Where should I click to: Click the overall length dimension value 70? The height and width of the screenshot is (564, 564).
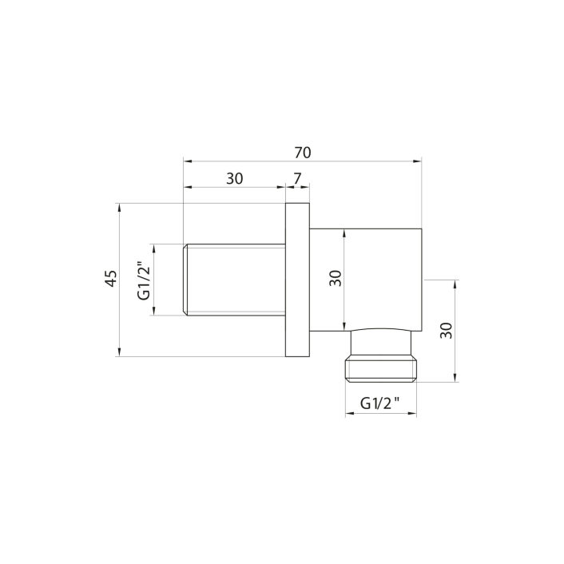(x=302, y=152)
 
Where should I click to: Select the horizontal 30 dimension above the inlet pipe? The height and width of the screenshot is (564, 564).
(x=234, y=179)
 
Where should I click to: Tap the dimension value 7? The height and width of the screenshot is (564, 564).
(x=297, y=179)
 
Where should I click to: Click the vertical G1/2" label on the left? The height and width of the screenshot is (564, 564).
(x=144, y=280)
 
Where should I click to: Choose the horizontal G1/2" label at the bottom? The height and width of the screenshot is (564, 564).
(x=379, y=403)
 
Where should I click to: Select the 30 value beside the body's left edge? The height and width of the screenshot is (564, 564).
(x=336, y=278)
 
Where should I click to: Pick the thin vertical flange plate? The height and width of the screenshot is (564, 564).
(x=297, y=280)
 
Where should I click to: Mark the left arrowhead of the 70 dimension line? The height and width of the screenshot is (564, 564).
(x=188, y=161)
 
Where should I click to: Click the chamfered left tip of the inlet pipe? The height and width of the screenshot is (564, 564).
(x=186, y=280)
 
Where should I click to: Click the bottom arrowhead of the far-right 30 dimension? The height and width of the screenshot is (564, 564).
(x=455, y=379)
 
